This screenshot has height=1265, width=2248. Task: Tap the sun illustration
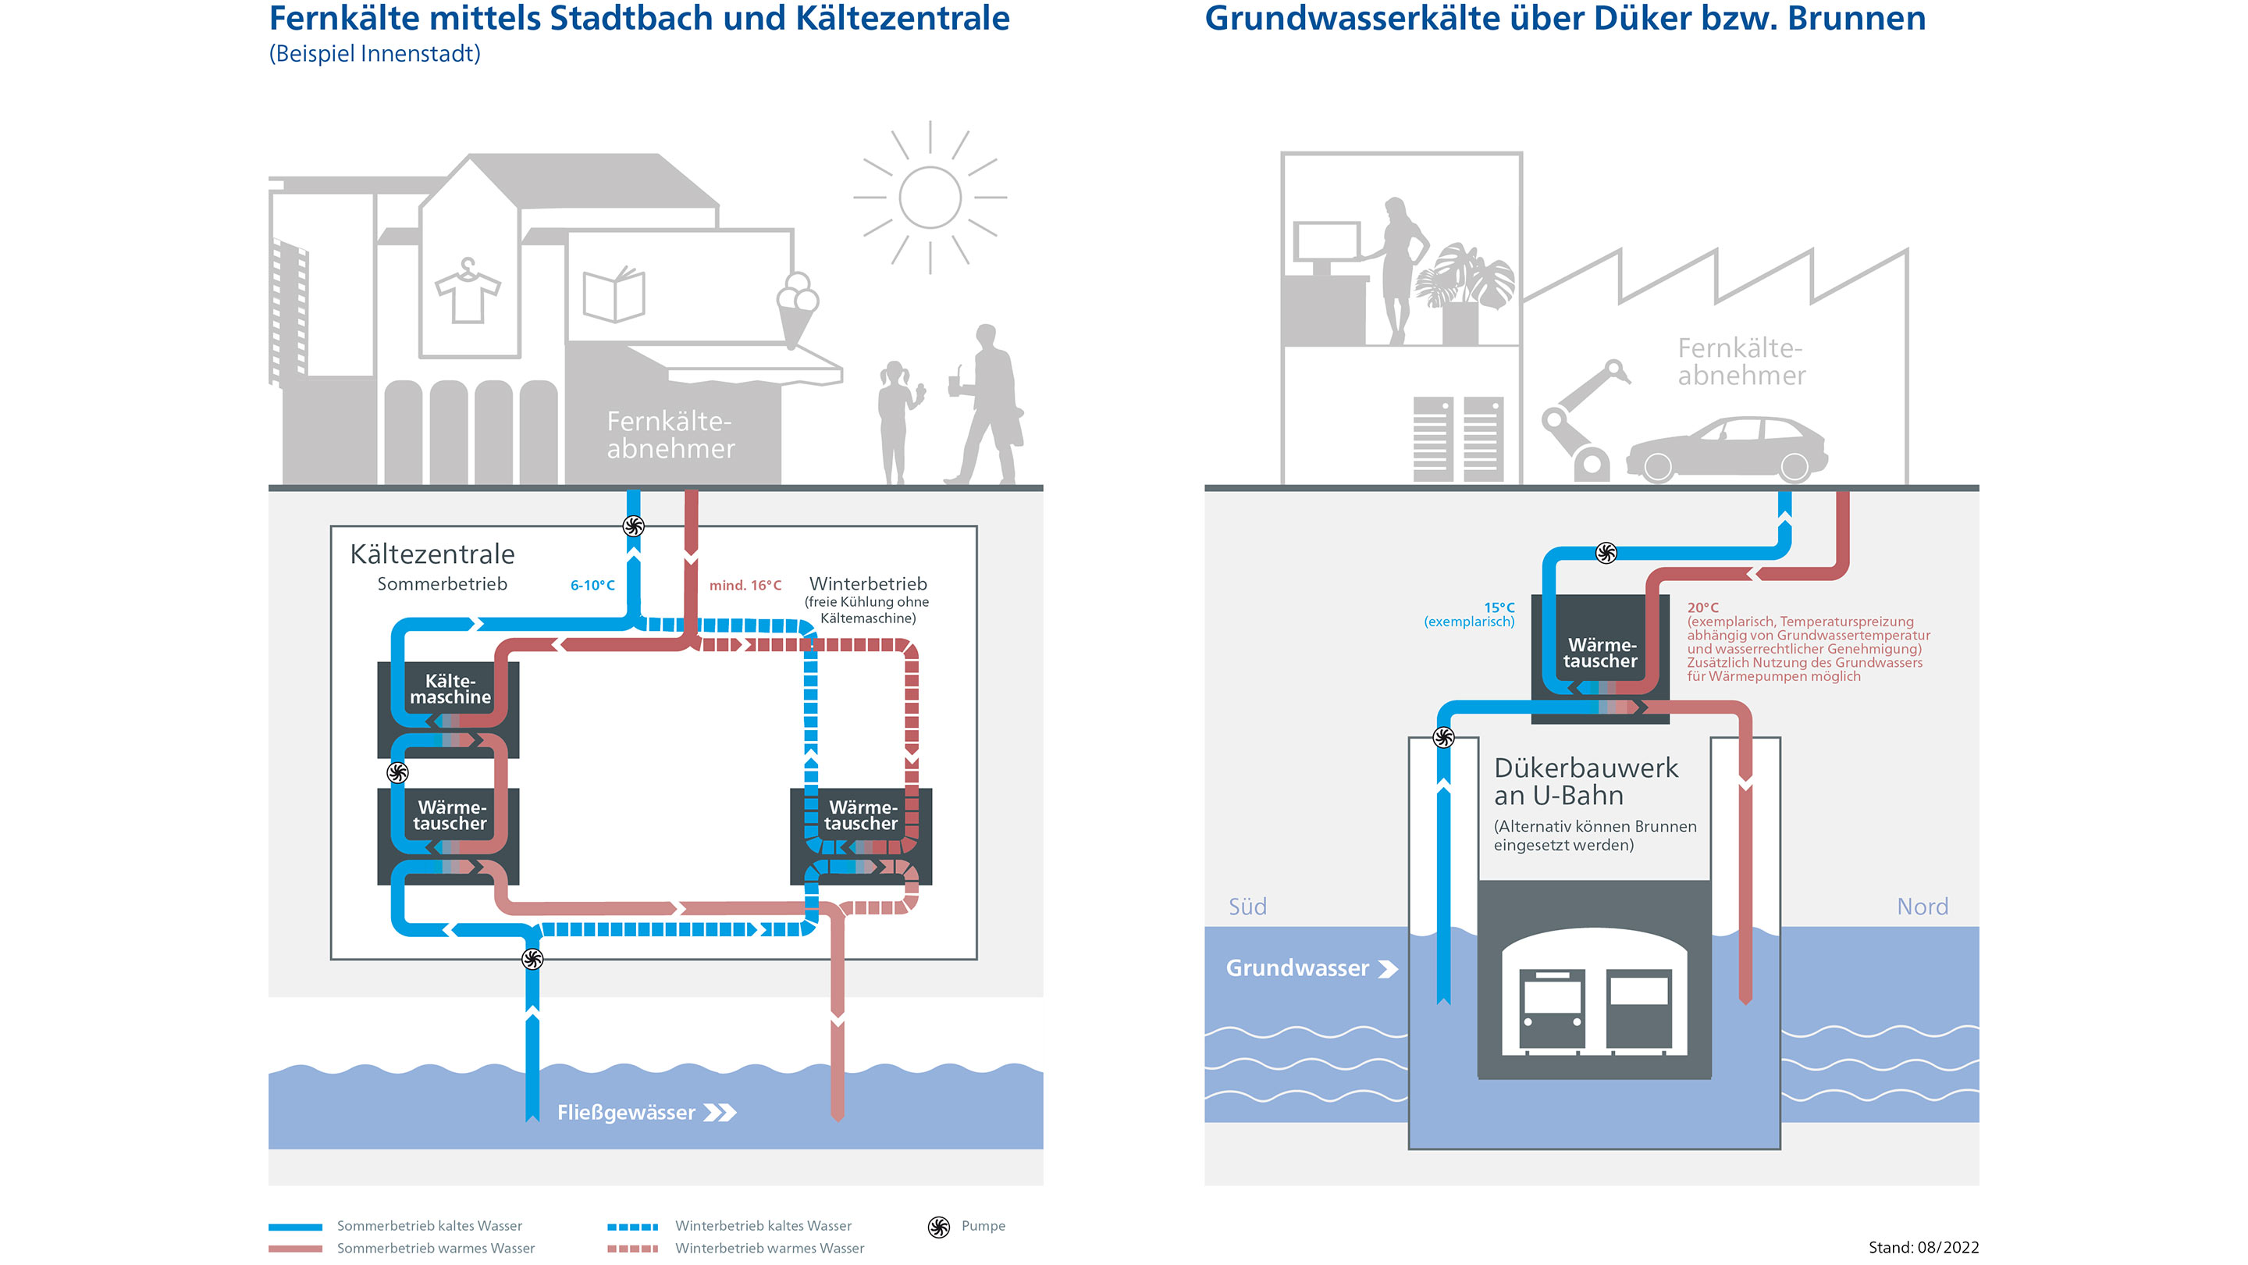930,198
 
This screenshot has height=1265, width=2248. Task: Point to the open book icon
614,294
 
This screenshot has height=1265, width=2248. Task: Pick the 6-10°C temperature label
592,585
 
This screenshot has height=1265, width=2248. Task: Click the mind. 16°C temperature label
745,585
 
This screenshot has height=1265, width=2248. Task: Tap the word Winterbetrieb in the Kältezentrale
867,583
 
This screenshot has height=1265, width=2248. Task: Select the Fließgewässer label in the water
627,1112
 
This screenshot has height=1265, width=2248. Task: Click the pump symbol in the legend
939,1227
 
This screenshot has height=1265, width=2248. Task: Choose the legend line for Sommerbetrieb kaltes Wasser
295,1227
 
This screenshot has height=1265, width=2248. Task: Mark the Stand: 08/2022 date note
1923,1248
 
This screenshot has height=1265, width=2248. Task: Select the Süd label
1247,906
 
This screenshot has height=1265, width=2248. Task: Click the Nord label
1922,906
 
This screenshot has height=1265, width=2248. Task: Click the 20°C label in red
1702,608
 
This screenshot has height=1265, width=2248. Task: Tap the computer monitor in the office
1326,243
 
